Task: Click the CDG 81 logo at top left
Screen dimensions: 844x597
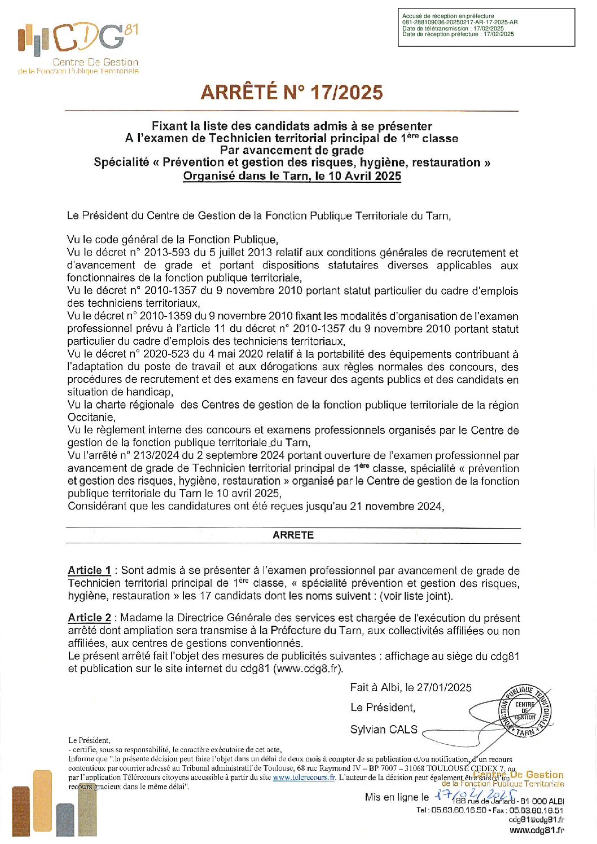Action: [78, 49]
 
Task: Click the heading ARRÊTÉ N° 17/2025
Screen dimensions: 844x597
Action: [292, 93]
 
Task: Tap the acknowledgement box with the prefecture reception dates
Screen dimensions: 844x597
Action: [486, 27]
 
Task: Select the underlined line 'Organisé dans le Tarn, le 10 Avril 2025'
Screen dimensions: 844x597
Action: [292, 175]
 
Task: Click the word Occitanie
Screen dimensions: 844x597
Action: [91, 417]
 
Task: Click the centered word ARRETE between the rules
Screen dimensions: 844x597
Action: [293, 535]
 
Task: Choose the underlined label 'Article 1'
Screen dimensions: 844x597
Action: [89, 570]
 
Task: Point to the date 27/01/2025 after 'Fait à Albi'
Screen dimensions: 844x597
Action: [444, 687]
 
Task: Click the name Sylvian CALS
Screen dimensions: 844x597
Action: [384, 729]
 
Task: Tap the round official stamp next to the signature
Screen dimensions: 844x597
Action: [525, 711]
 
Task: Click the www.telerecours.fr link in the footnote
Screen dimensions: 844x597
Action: [304, 777]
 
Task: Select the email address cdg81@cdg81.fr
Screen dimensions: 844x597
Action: [536, 820]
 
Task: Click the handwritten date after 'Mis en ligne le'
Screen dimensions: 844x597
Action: [475, 795]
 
